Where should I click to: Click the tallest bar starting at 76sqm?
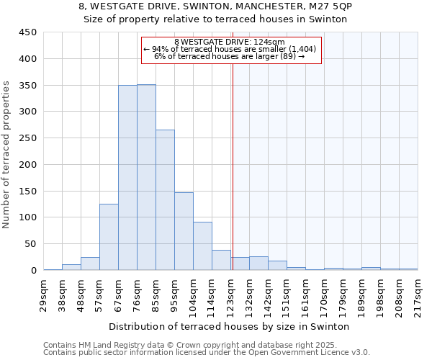pyautogui.click(x=146, y=177)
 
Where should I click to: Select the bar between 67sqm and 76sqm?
pyautogui.click(x=127, y=178)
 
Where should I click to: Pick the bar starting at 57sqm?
pyautogui.click(x=109, y=237)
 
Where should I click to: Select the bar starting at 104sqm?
pyautogui.click(x=202, y=246)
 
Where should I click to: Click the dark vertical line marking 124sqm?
pyautogui.click(x=233, y=166)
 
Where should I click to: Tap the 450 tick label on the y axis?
pyautogui.click(x=28, y=32)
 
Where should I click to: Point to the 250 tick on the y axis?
pyautogui.click(x=28, y=138)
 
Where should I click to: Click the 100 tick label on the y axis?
pyautogui.click(x=28, y=217)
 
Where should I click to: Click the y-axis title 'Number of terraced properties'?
pyautogui.click(x=6, y=154)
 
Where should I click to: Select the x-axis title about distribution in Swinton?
pyautogui.click(x=230, y=326)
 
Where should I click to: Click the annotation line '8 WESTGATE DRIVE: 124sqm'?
pyautogui.click(x=230, y=42)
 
